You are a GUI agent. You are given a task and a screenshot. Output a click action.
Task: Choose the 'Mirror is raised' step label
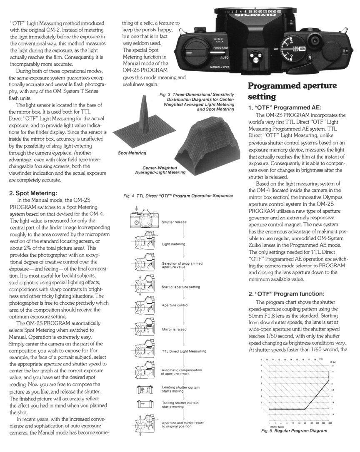click(174, 329)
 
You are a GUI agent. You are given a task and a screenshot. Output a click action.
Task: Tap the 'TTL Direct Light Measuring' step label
click(183, 351)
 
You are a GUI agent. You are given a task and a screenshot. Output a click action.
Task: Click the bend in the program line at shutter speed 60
click(305, 410)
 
